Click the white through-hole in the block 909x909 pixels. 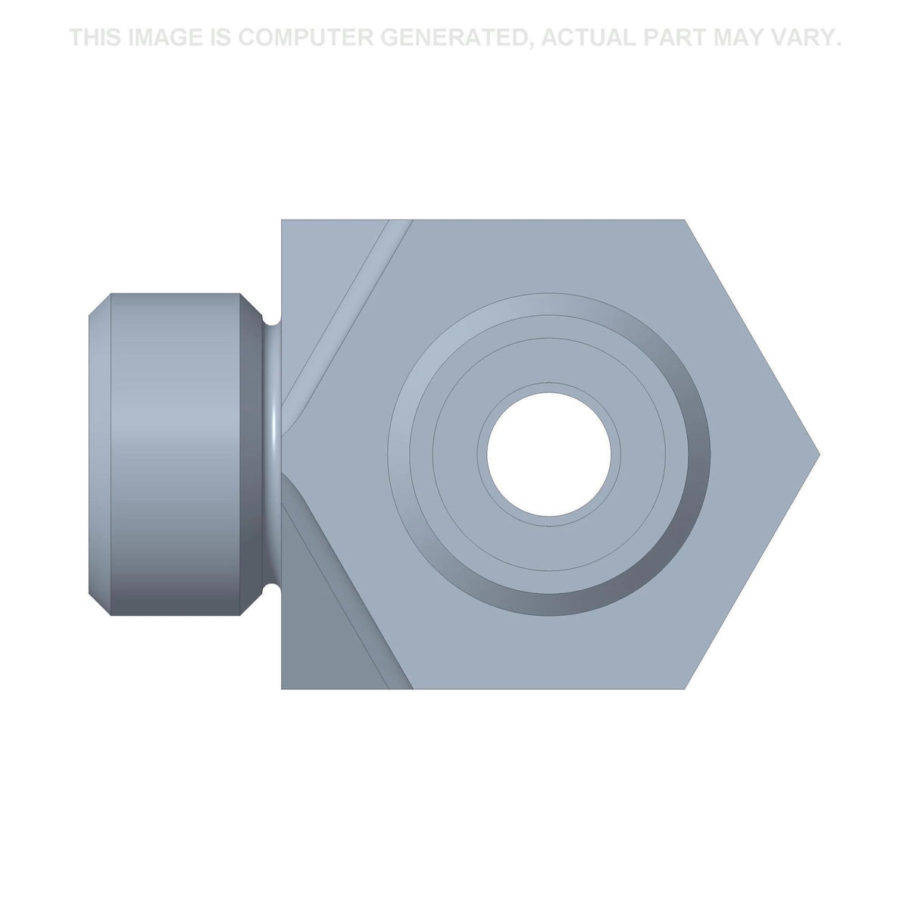548,454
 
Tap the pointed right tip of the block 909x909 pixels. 820,454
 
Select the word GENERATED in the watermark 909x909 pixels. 454,38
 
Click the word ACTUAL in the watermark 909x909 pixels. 589,37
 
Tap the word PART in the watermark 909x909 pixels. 675,37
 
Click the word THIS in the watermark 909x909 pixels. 95,37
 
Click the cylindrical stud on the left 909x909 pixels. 174,454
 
